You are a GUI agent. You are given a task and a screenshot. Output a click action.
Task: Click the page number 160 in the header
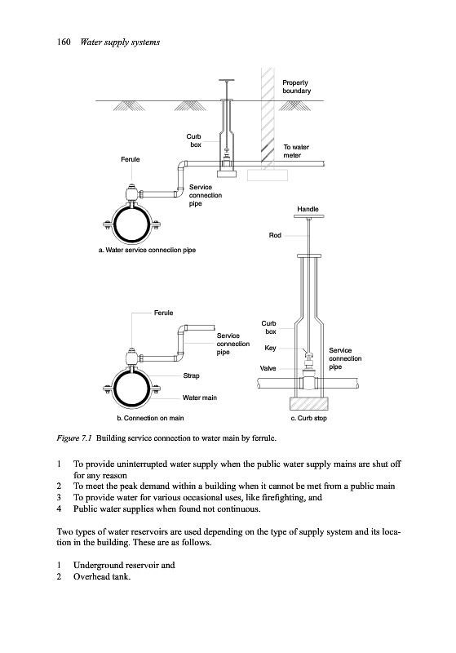[64, 42]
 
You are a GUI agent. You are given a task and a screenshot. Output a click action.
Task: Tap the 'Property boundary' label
[297, 87]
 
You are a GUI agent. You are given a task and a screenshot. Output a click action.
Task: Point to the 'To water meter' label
[296, 151]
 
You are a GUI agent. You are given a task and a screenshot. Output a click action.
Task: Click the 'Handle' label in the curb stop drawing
[308, 209]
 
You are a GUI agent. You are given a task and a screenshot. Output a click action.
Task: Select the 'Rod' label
[275, 235]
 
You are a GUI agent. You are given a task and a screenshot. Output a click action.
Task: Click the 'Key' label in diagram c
[270, 348]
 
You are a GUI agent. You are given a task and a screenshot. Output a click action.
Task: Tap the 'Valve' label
[268, 368]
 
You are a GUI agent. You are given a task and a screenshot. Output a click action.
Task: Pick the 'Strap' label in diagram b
[191, 375]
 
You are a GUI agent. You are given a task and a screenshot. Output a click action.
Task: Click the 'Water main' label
[200, 398]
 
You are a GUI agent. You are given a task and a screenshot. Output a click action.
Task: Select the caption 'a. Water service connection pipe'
[148, 250]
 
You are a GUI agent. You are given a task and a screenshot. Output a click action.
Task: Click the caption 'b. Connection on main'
[150, 418]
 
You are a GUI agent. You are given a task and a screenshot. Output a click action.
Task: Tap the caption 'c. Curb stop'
[308, 418]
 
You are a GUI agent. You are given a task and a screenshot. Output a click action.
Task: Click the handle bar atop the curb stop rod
[308, 216]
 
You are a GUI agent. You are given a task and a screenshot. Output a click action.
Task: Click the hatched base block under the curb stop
[308, 403]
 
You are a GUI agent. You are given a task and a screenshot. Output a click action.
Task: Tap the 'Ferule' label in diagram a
[131, 159]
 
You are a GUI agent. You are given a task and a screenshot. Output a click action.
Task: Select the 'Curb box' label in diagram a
[194, 140]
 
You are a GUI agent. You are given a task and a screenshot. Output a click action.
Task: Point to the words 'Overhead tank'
[101, 577]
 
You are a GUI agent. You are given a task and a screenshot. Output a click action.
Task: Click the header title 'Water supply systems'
[120, 42]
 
